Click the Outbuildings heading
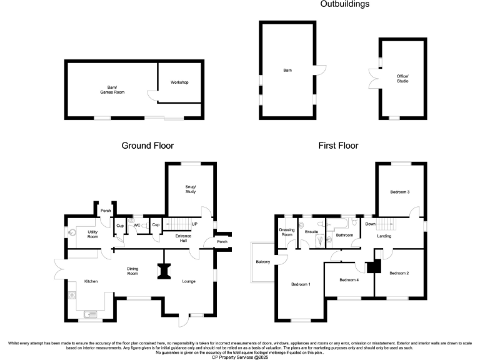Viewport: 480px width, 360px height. coord(344,4)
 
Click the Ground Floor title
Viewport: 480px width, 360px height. coord(147,146)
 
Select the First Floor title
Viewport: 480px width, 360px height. coord(338,146)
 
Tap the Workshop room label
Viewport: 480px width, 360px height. coord(179,82)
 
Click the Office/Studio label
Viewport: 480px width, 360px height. coord(402,79)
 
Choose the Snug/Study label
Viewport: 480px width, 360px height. coord(191,189)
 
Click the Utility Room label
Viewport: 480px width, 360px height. coord(92,234)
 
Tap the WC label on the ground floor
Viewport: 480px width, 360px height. coord(137,224)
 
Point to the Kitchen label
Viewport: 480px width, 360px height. coord(92,282)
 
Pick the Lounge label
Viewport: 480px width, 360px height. coord(189,282)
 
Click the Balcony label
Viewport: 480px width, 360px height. coord(262,262)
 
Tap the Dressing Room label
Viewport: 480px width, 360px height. coord(287,232)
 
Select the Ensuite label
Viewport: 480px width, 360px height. coord(311,231)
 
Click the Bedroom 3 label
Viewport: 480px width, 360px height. coord(400,192)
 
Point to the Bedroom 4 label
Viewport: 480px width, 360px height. coord(349,280)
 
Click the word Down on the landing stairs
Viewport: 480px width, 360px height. coord(370,224)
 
